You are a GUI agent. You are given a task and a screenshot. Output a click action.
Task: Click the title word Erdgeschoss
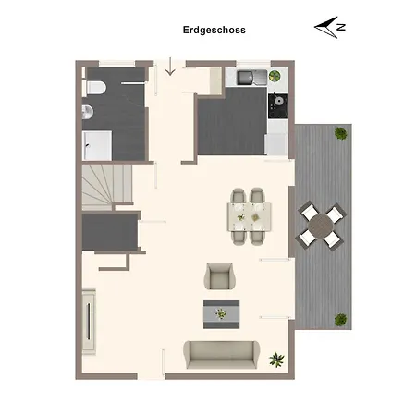(214, 30)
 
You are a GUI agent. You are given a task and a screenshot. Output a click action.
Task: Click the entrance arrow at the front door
(170, 67)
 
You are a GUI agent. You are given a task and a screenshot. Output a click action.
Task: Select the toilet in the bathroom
(96, 88)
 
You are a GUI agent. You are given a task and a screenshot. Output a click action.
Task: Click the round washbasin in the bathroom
(88, 112)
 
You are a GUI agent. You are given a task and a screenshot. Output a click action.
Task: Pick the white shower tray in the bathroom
(97, 145)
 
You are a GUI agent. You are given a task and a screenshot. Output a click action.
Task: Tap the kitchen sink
(251, 77)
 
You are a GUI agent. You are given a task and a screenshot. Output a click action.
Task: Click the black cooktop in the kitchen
(277, 106)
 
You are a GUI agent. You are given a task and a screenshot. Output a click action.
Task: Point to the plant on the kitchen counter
(275, 76)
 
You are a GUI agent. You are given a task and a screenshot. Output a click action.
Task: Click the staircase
(106, 187)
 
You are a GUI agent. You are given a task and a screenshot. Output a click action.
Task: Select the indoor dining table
(250, 216)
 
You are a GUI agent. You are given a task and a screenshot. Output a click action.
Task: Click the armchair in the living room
(219, 276)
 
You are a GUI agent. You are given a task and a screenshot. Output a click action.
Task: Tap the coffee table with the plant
(221, 314)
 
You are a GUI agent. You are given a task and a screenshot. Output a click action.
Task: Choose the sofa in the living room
(222, 355)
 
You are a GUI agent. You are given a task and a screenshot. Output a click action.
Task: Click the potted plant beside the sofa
(276, 360)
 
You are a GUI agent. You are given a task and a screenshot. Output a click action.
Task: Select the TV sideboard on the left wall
(89, 322)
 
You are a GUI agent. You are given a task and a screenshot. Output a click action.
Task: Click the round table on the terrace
(321, 226)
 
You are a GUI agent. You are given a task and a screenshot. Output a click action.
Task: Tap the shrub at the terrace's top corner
(340, 133)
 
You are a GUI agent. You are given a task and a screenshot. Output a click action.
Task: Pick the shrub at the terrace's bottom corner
(340, 320)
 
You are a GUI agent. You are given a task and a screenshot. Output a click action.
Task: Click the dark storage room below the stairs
(110, 232)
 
